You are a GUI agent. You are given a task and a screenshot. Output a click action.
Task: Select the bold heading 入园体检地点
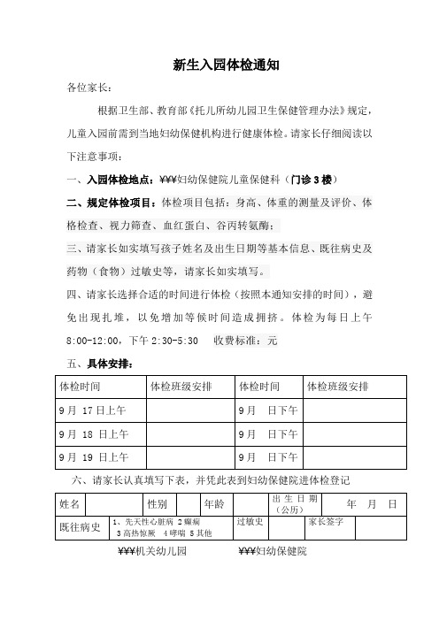coord(114,179)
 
